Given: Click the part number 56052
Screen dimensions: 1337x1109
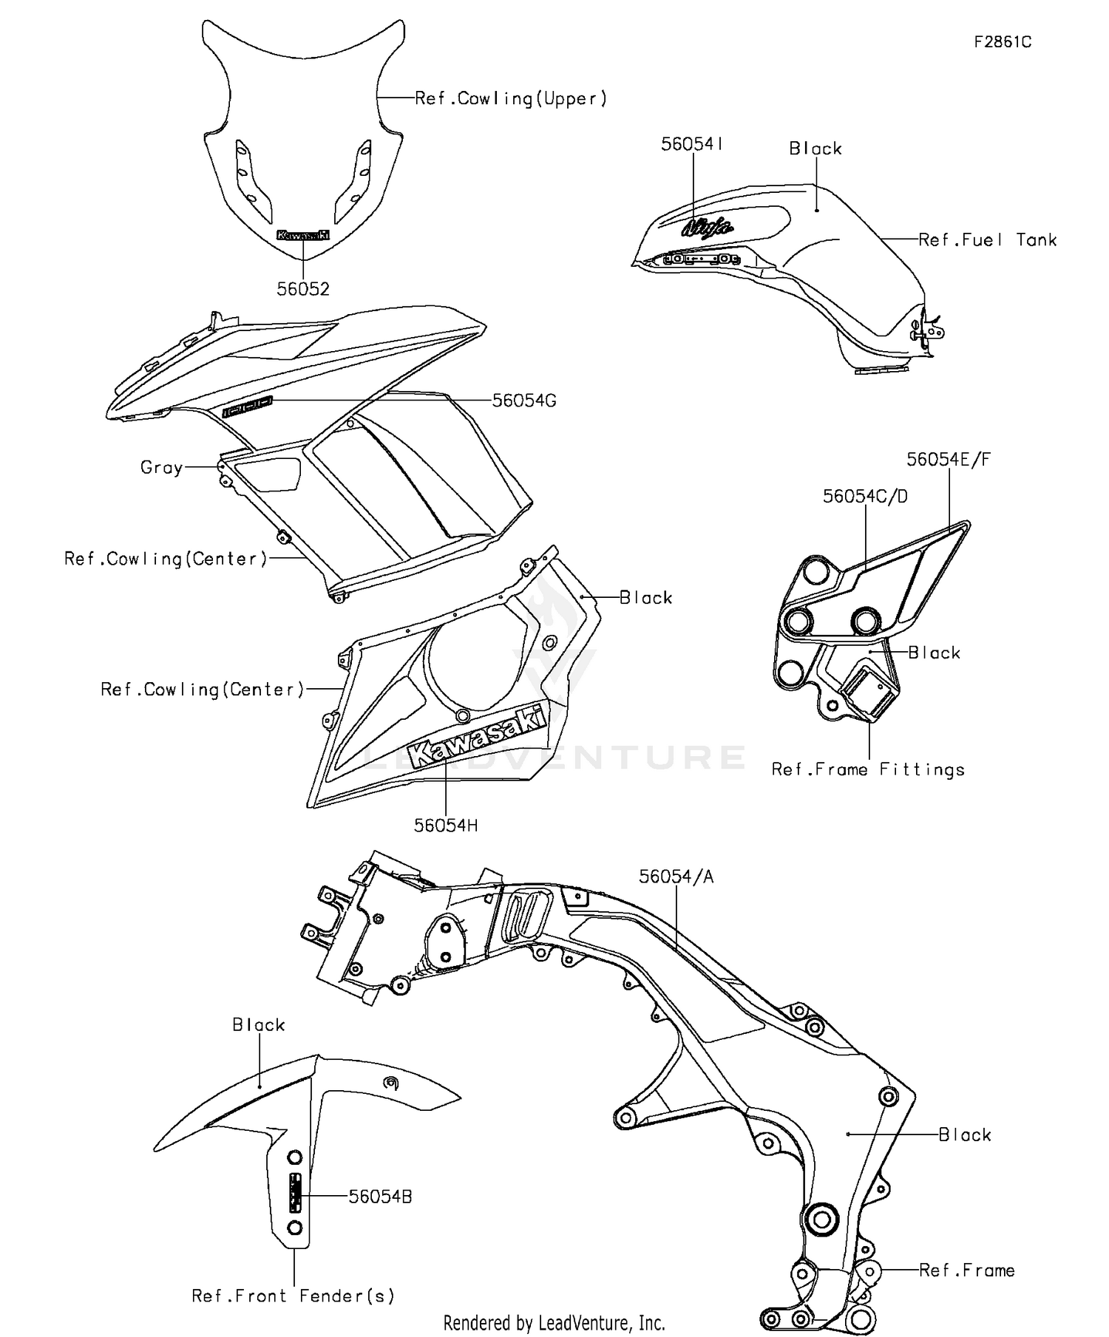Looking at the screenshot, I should (303, 289).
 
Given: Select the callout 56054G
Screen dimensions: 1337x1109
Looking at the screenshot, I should (524, 401).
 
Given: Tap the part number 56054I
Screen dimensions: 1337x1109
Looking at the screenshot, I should (692, 144).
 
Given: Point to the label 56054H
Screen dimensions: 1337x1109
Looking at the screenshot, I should (446, 826).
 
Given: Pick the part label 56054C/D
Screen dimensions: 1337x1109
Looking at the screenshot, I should (865, 497).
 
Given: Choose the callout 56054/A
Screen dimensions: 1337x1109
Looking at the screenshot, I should (676, 877).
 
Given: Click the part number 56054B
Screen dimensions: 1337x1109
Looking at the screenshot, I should (380, 1197).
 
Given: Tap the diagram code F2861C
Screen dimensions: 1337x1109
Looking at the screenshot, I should (1003, 42).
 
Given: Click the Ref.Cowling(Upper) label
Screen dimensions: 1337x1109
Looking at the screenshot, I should (511, 98).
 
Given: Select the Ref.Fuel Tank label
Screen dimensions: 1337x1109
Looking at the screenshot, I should (988, 240).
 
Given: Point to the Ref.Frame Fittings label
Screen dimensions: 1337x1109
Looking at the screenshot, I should (868, 769).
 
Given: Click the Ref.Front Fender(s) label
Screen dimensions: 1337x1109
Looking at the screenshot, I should (294, 1296).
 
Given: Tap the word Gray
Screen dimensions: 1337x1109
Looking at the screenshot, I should (161, 467).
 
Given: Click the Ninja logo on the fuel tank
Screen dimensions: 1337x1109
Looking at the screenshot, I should (707, 226).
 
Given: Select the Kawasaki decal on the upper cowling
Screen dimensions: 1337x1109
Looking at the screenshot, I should (302, 235).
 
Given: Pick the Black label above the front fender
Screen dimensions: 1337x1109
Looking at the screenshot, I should (259, 1025).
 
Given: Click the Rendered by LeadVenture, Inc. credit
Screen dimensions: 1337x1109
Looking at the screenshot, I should (554, 1322).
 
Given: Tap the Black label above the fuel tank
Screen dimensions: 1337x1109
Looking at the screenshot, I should (815, 149).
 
